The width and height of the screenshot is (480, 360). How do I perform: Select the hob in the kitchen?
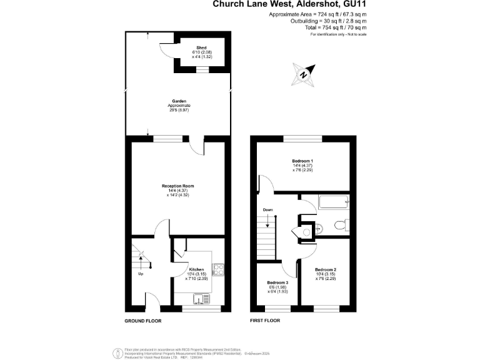point(219,269)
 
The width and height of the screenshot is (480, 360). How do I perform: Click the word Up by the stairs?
point(141,274)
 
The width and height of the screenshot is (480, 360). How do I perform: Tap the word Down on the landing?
point(267,210)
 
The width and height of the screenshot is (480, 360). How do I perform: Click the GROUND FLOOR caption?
point(142,321)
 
